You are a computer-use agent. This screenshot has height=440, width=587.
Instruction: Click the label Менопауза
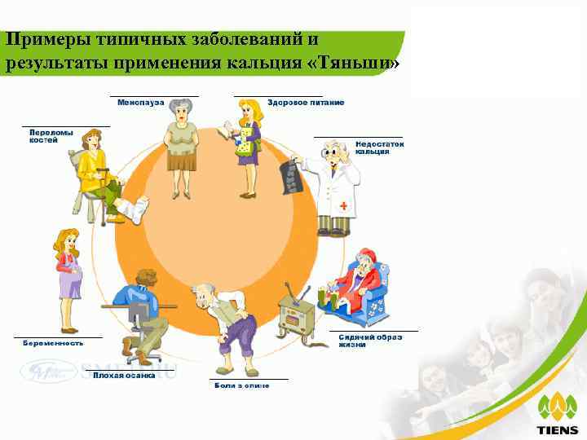coord(140,103)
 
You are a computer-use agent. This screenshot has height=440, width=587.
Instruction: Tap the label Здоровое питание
coord(306,103)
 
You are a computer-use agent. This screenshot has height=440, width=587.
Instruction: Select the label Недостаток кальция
coord(379,147)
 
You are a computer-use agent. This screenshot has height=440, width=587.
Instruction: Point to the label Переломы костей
coord(51,136)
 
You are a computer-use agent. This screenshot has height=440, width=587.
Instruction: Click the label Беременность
coord(52,343)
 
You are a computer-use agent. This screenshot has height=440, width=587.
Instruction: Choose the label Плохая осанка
coord(118,375)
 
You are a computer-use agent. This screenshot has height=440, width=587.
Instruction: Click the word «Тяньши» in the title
coord(358,64)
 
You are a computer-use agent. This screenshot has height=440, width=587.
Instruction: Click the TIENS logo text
coord(558,429)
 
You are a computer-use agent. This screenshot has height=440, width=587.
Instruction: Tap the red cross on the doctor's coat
coord(343,207)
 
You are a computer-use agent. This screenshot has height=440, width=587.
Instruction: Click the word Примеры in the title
coord(50,40)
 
